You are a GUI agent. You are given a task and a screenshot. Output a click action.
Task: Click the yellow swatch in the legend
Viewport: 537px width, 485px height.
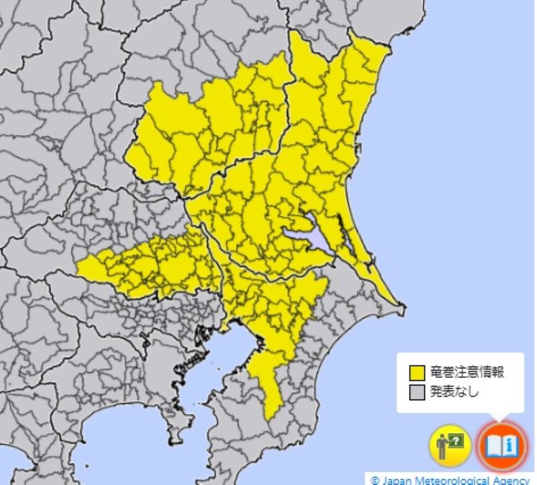pyautogui.click(x=418, y=373)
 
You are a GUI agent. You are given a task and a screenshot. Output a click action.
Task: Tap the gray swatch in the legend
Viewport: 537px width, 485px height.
pyautogui.click(x=418, y=391)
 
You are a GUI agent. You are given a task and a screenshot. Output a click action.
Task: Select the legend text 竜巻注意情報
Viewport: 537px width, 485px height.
pyautogui.click(x=466, y=373)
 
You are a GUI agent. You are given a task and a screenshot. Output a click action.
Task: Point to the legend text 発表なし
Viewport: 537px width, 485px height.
pyautogui.click(x=454, y=391)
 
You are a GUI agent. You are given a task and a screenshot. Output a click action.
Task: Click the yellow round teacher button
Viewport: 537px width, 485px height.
pyautogui.click(x=449, y=445)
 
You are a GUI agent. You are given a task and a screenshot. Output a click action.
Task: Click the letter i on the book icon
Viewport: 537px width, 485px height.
pyautogui.click(x=511, y=444)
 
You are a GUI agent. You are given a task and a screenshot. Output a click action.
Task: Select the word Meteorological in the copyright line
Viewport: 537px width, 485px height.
pyautogui.click(x=446, y=480)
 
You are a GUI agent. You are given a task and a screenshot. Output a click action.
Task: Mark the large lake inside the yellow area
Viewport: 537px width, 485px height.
pyautogui.click(x=305, y=237)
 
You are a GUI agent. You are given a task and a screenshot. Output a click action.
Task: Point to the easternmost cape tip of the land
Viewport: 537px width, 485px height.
pyautogui.click(x=403, y=310)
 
